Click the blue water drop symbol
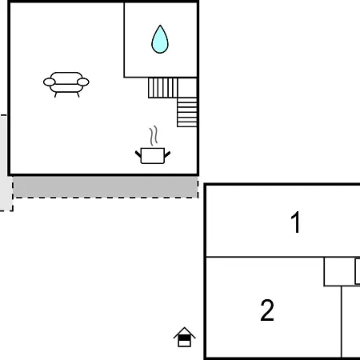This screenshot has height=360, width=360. tap(160, 39)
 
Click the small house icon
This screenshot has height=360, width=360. tap(184, 337)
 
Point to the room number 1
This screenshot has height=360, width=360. tap(295, 222)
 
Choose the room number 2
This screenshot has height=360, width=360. tap(267, 310)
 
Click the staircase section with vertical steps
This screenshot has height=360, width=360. tap(163, 88)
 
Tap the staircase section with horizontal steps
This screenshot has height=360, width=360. tap(187, 112)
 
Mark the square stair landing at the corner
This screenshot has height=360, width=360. tap(187, 88)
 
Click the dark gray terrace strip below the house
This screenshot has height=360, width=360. tap(106, 186)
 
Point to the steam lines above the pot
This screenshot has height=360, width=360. tap(154, 135)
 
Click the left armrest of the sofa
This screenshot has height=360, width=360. tap(50, 82)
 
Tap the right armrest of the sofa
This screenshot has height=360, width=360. tap(83, 82)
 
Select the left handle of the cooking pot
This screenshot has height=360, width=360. tap(138, 154)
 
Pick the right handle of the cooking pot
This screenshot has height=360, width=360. tap(167, 154)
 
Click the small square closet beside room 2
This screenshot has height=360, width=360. tap(339, 271)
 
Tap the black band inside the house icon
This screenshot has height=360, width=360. tap(184, 338)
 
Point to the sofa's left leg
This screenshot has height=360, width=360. tap(55, 94)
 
